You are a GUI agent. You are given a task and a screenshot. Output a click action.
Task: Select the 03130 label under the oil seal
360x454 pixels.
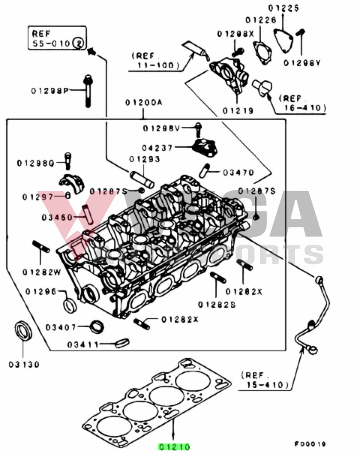(x=23, y=365)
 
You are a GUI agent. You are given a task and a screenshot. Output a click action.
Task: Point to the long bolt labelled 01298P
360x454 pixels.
(x=88, y=90)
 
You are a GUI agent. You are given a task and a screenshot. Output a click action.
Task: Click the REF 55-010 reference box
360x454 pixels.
(x=56, y=38)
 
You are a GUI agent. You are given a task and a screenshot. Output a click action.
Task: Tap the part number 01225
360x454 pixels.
(x=283, y=8)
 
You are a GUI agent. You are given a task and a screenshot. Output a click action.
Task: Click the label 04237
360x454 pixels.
(x=158, y=148)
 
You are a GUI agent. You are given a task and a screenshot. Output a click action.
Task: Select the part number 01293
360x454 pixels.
(x=145, y=159)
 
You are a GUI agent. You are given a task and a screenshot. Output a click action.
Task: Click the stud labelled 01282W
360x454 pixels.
(x=41, y=247)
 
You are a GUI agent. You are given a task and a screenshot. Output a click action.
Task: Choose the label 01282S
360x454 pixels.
(x=216, y=305)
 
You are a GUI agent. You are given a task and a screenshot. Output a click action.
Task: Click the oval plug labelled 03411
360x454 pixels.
(x=121, y=343)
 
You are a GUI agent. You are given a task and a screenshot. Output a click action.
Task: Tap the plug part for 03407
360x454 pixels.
(x=97, y=326)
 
